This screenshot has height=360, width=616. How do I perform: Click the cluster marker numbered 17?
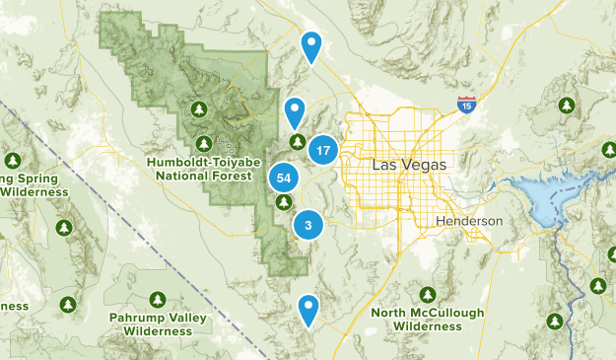323,150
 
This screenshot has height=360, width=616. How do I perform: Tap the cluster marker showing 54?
284,178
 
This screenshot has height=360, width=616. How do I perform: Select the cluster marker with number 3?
308,225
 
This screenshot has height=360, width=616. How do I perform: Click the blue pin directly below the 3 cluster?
309,310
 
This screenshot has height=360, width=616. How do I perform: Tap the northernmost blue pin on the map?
311,44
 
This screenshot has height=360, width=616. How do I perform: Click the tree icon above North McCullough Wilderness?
428,295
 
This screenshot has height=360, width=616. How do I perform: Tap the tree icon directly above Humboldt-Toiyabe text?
204,143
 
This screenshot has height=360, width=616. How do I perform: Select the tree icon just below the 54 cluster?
284,202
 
